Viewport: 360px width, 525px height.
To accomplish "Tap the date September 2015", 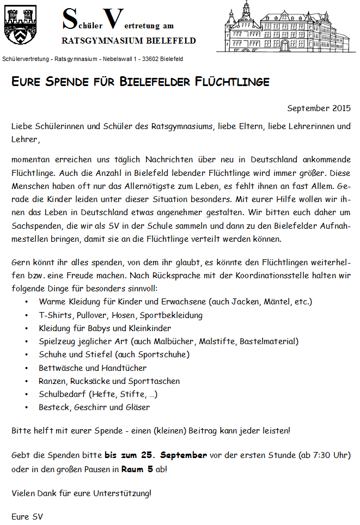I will [x=319, y=108].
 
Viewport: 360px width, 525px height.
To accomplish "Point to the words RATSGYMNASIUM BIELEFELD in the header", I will [x=129, y=41].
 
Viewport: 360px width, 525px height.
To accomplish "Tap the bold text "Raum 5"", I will [x=137, y=468].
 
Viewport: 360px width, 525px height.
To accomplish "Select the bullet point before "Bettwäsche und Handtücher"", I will [x=27, y=368].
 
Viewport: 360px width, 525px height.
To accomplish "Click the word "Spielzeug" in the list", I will [x=57, y=341].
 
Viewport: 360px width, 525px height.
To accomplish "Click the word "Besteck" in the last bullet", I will [x=53, y=407].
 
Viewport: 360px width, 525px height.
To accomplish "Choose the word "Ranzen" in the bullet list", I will [x=53, y=381].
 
